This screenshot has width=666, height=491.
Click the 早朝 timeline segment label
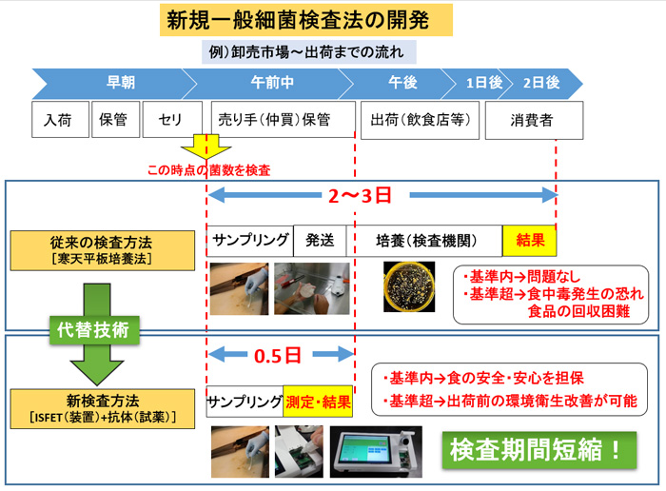[x=121, y=83]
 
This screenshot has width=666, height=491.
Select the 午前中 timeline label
[x=272, y=83]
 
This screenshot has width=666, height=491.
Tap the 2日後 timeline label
[x=541, y=83]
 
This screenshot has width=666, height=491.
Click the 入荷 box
[x=60, y=119]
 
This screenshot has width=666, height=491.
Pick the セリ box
[x=172, y=119]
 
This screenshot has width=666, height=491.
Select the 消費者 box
[x=534, y=120]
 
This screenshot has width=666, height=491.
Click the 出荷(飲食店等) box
[x=420, y=120]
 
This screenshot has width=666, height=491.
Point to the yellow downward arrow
[x=206, y=147]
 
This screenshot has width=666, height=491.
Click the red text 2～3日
[x=360, y=196]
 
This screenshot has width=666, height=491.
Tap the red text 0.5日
[x=278, y=356]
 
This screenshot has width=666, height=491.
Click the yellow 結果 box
[x=529, y=241]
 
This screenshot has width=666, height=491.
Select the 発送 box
[x=320, y=241]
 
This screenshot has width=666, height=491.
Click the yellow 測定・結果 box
[x=318, y=402]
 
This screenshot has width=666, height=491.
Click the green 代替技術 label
[x=94, y=329]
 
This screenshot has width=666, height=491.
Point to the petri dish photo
[x=409, y=286]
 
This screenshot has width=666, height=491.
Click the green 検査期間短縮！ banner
[x=539, y=450]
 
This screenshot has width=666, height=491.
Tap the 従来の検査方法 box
[x=103, y=250]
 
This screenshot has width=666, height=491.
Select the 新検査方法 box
[x=103, y=408]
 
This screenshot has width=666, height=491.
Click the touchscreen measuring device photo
[x=376, y=452]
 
